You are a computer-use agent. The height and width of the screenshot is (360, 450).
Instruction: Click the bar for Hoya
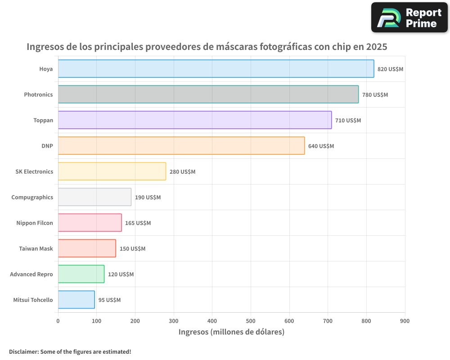point(216,69)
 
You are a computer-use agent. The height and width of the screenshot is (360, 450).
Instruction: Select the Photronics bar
point(208,94)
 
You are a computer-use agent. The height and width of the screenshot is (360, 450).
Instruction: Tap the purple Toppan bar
point(195,120)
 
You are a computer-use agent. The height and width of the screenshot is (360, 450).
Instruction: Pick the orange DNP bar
point(181,146)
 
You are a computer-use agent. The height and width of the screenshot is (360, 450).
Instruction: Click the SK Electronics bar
point(112,171)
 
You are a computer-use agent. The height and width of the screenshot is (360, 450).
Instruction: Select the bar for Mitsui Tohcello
point(76,300)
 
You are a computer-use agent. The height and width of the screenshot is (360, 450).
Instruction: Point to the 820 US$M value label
point(391,69)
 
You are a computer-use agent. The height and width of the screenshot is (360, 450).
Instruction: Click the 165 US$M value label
point(138,223)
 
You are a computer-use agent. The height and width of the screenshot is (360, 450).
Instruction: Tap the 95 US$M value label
point(109,300)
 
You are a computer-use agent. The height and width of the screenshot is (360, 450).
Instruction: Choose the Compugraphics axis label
point(32,197)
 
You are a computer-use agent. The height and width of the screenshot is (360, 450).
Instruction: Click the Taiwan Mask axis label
point(36,248)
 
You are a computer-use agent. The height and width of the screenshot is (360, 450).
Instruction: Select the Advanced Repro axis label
point(31,274)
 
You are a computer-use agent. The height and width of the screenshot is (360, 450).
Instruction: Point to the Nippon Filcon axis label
point(35,223)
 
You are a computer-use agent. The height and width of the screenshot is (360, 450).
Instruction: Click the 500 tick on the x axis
point(251,321)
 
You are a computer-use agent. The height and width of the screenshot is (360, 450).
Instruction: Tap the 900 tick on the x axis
point(405,321)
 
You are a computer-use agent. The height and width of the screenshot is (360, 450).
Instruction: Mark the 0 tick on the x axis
point(58,321)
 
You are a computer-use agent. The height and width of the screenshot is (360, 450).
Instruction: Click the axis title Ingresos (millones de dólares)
point(231,332)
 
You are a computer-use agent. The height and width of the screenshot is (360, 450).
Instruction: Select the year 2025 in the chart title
point(376,47)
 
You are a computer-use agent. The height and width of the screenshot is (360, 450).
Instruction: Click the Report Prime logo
point(409,18)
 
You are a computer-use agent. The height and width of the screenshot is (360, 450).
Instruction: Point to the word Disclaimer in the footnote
point(23,351)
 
